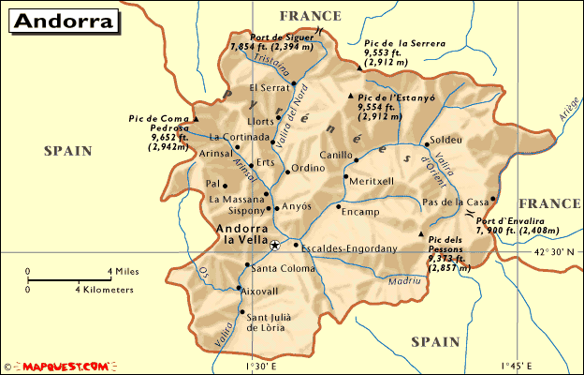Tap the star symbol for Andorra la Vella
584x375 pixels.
[275, 246]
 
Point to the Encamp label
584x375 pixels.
[360, 211]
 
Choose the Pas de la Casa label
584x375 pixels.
[456, 202]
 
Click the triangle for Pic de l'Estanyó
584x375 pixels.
[351, 96]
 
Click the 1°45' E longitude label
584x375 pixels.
[516, 365]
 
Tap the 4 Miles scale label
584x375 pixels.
[123, 271]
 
